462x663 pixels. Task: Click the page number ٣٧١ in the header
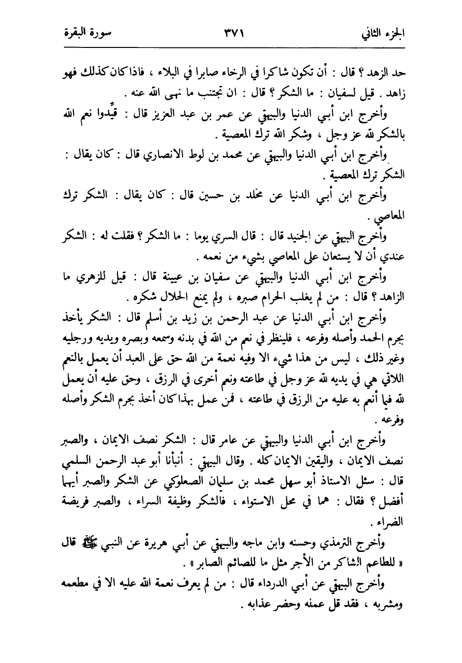[233, 34]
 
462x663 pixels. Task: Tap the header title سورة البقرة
[87, 34]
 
